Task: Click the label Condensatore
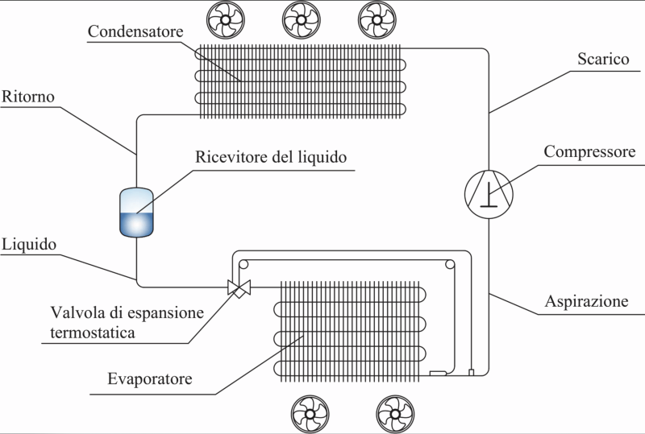click(136, 31)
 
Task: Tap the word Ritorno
click(27, 96)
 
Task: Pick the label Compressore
click(590, 152)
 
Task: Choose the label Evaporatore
click(149, 378)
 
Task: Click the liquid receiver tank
click(136, 213)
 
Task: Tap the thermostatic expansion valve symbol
click(239, 286)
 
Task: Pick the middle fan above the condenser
click(300, 18)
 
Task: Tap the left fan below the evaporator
click(310, 414)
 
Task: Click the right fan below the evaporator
click(394, 414)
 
